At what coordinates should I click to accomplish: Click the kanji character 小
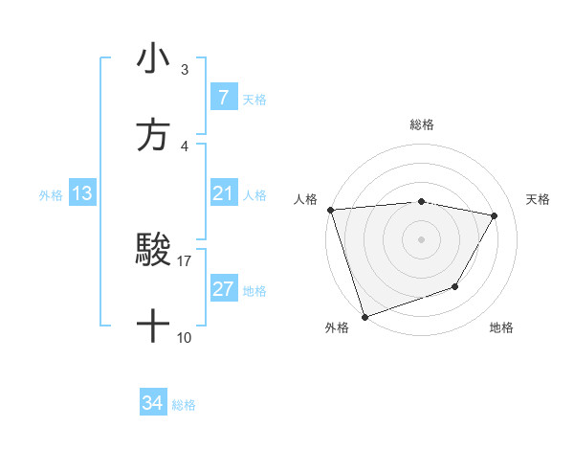(153, 59)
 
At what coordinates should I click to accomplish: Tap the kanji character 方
(153, 136)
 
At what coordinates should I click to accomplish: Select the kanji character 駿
(153, 251)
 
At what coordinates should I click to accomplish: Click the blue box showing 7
(223, 97)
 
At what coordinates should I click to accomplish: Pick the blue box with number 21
(223, 193)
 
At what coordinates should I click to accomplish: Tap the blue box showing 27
(223, 289)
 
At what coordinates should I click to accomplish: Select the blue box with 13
(82, 193)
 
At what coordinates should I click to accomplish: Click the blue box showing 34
(153, 403)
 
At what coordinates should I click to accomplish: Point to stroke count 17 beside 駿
(185, 260)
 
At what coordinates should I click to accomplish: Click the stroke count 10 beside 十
(185, 337)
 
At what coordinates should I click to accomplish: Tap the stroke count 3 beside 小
(185, 69)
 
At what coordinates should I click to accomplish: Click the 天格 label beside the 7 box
(254, 99)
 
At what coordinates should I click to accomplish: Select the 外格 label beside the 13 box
(51, 194)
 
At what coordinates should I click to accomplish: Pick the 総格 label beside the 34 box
(184, 405)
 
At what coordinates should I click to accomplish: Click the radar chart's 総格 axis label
(422, 124)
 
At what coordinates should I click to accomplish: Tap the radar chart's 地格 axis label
(501, 328)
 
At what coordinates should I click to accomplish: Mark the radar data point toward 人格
(330, 210)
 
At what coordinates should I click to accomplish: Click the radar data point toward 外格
(364, 315)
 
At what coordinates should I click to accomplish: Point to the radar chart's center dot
(421, 239)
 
